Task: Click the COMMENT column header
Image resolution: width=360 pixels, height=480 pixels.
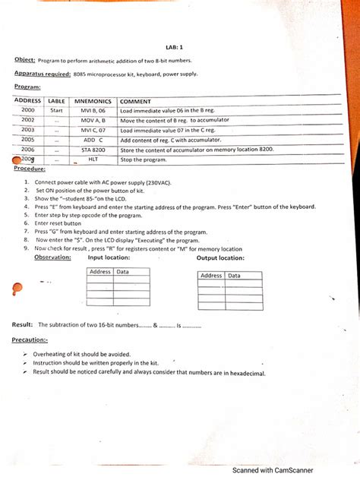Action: tap(136, 101)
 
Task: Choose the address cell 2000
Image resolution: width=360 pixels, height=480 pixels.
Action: tap(27, 110)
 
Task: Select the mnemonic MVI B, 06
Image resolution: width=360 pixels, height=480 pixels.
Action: tap(93, 110)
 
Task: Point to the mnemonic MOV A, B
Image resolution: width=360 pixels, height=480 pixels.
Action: tap(93, 120)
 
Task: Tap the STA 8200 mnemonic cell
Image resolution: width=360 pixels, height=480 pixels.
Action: tap(93, 150)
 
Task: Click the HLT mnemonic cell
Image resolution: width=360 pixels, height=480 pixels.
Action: tap(93, 159)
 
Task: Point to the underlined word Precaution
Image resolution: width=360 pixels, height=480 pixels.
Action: tap(30, 340)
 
